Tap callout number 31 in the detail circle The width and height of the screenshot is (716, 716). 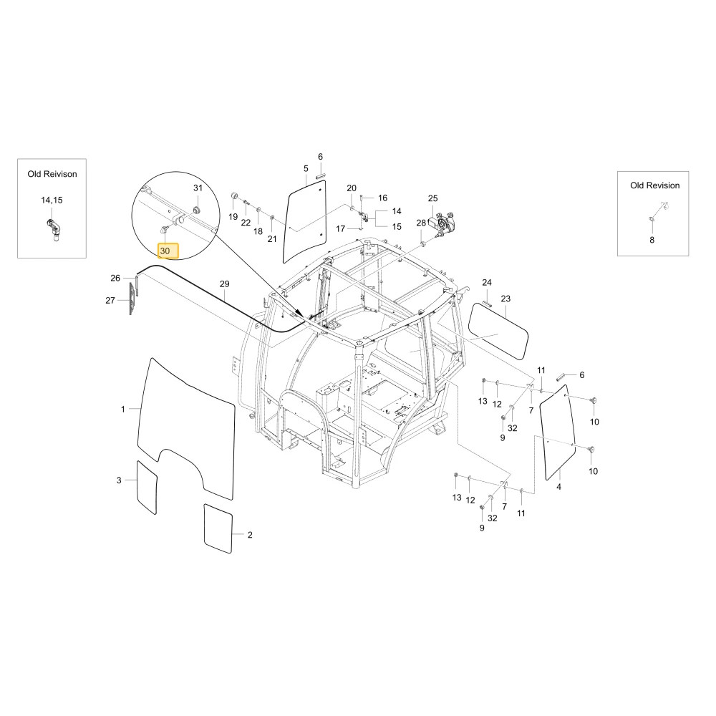coord(198,188)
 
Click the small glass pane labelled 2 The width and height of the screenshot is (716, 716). coord(218,528)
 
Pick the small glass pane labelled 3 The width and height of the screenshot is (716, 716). coord(147,487)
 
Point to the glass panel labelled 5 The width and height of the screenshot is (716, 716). coord(306,221)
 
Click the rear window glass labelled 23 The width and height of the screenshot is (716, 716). coord(498,331)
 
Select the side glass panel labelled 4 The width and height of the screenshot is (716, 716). coord(557,432)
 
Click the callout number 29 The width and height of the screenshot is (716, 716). coord(224,284)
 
